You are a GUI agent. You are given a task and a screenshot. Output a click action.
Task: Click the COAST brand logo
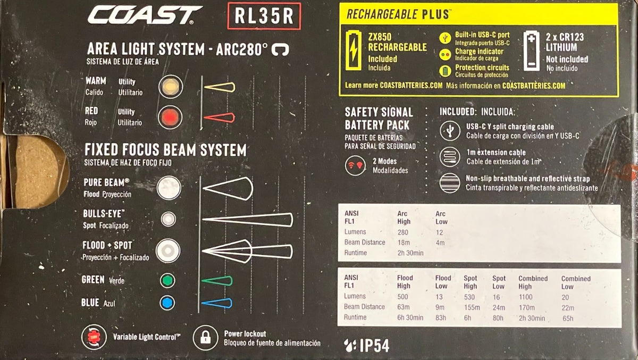pos(145,15)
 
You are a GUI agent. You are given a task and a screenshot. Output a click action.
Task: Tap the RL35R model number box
pos(264,16)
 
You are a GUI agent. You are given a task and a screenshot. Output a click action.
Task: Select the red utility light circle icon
pos(170,118)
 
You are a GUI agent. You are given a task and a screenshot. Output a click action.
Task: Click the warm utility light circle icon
pos(171,87)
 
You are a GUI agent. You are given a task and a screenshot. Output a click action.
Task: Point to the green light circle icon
pos(167,281)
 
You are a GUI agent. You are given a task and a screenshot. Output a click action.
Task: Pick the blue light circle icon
pos(167,303)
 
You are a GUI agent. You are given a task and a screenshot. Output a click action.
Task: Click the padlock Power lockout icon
pos(205,338)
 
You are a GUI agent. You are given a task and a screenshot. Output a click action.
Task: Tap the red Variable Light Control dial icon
pos(94,337)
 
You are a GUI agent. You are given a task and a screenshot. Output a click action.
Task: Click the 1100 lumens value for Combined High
pos(525,297)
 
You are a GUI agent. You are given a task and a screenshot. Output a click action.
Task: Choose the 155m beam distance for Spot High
pos(472,307)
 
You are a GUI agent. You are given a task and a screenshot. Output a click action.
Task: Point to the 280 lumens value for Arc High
pos(403,232)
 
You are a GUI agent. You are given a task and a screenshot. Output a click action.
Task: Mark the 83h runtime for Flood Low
pos(441,318)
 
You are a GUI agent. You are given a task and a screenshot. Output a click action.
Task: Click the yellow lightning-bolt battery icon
pos(354,50)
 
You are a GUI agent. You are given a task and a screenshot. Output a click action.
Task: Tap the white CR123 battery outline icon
pos(532,51)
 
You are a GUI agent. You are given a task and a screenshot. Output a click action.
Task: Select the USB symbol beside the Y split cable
pos(450,131)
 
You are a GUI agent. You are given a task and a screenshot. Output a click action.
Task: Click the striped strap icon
pos(450,183)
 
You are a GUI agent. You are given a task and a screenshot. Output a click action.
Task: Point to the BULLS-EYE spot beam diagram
pos(248,220)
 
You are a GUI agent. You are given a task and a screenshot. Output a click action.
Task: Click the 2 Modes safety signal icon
pos(356,165)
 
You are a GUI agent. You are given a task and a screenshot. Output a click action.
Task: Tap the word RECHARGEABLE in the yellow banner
pos(382,14)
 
